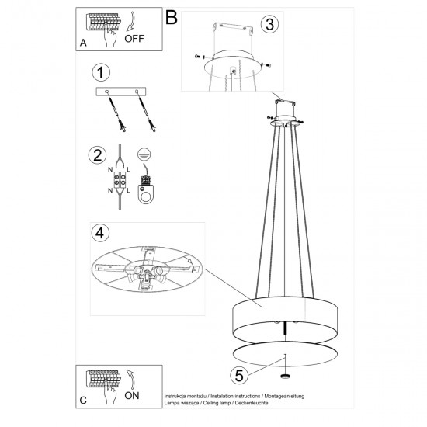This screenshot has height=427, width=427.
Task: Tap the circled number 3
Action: tap(268, 24)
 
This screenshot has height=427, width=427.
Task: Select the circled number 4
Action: tap(98, 233)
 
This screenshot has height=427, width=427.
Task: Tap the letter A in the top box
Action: tap(83, 43)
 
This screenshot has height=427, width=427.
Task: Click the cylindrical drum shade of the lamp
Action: tap(287, 317)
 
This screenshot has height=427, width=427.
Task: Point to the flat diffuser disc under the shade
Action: tap(287, 351)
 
